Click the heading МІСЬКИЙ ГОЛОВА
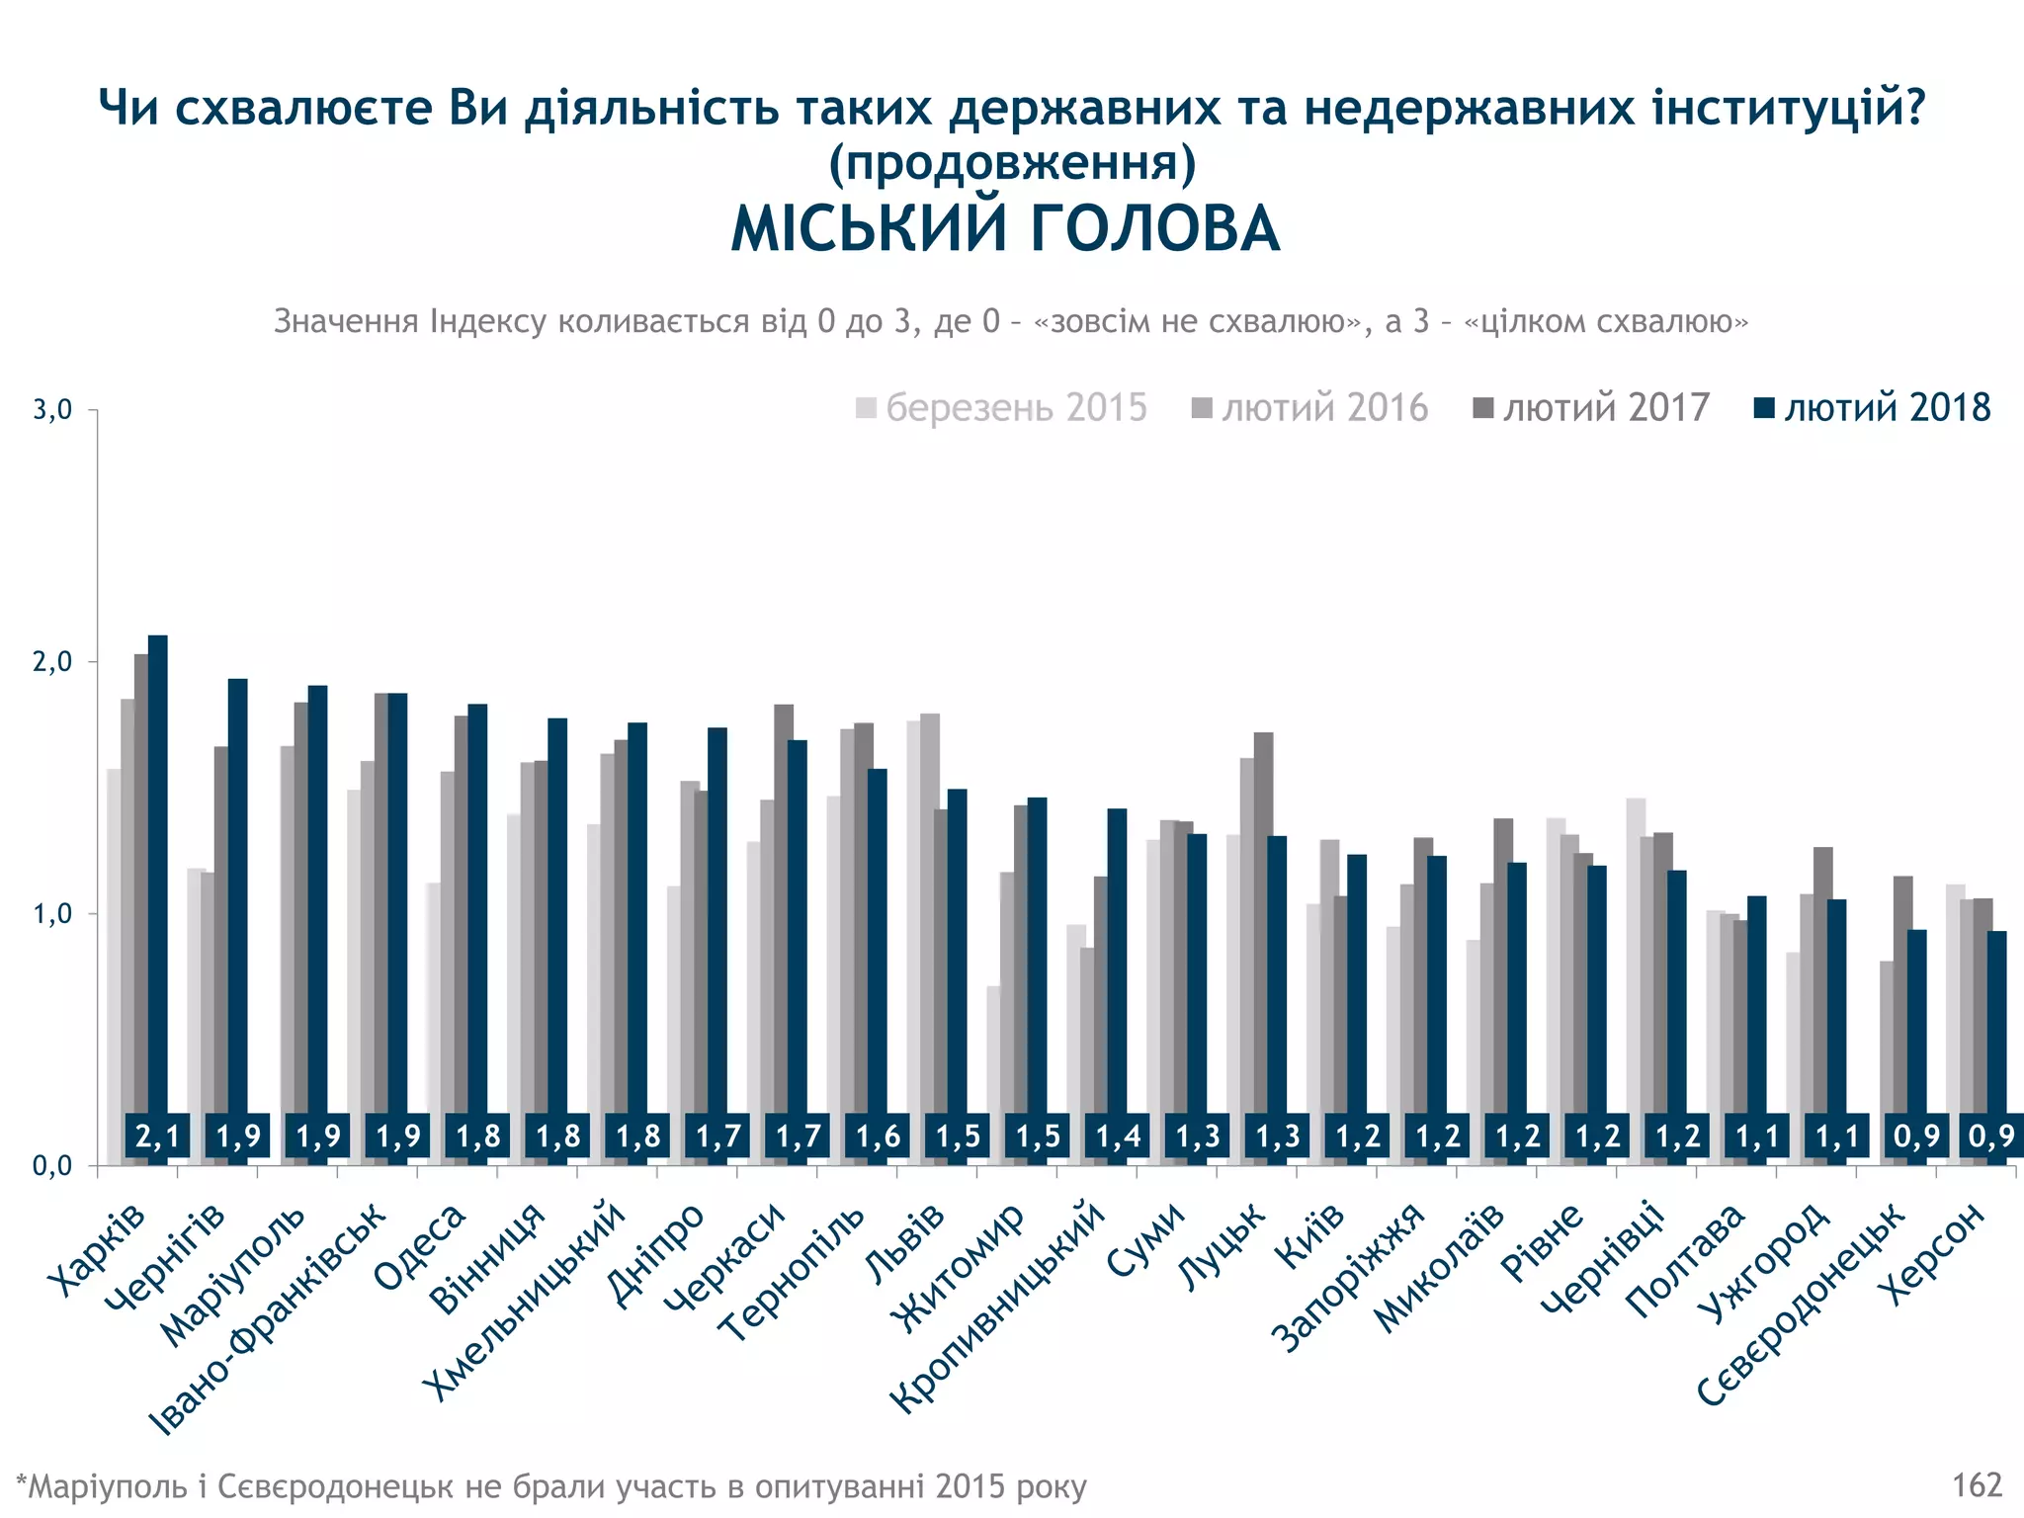point(1005,230)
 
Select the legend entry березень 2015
point(1002,408)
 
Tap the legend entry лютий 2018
point(1873,408)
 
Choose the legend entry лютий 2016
point(1310,408)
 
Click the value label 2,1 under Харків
point(158,1137)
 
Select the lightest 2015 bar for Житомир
point(993,1072)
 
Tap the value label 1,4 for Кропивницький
point(1118,1137)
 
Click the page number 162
point(1977,1485)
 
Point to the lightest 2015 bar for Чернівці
point(1636,978)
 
